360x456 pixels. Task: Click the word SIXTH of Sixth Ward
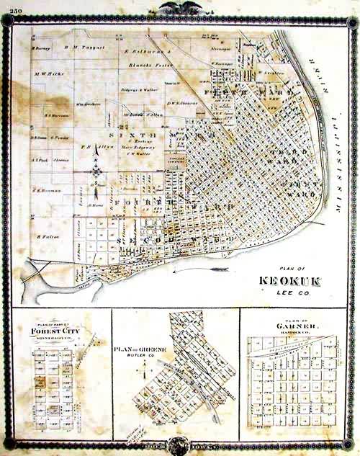pyautogui.click(x=130, y=133)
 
